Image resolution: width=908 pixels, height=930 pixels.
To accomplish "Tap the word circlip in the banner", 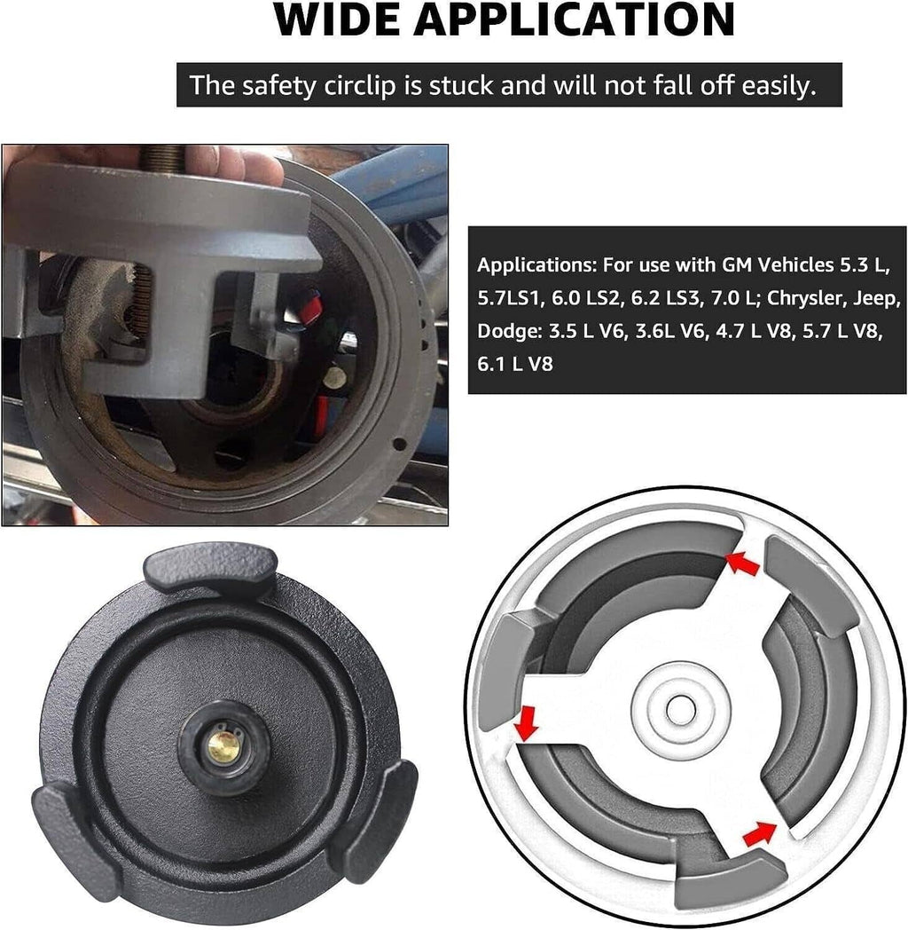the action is (360, 85).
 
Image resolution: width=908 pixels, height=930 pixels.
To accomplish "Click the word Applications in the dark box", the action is (537, 265).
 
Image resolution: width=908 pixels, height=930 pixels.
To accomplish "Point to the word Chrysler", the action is (807, 298).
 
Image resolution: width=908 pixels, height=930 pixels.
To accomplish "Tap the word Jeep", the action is (877, 298).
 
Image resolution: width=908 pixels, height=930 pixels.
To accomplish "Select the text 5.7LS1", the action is (511, 298).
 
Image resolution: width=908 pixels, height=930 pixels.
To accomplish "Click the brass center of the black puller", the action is (224, 746).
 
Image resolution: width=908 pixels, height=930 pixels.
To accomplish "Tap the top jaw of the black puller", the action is (210, 570).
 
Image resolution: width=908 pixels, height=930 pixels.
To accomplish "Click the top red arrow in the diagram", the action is (743, 563).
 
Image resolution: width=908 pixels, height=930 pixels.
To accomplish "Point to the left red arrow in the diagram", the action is (526, 723).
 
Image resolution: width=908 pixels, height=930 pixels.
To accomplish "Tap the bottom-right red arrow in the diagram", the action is (760, 832).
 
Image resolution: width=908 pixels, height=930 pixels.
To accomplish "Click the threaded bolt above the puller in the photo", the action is (163, 159).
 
